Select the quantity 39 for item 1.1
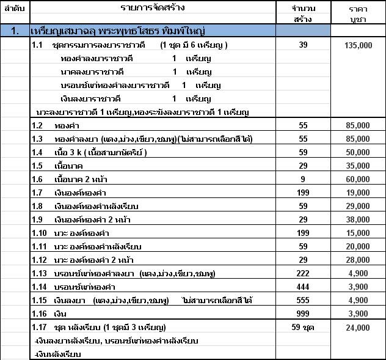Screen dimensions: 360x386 point(304,45)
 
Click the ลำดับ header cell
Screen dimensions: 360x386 point(14,8)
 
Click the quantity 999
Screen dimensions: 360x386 point(304,313)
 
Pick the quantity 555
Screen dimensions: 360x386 point(304,299)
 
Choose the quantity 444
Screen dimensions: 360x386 point(304,286)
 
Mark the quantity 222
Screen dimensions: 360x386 point(304,273)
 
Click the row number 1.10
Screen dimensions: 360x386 point(40,232)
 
